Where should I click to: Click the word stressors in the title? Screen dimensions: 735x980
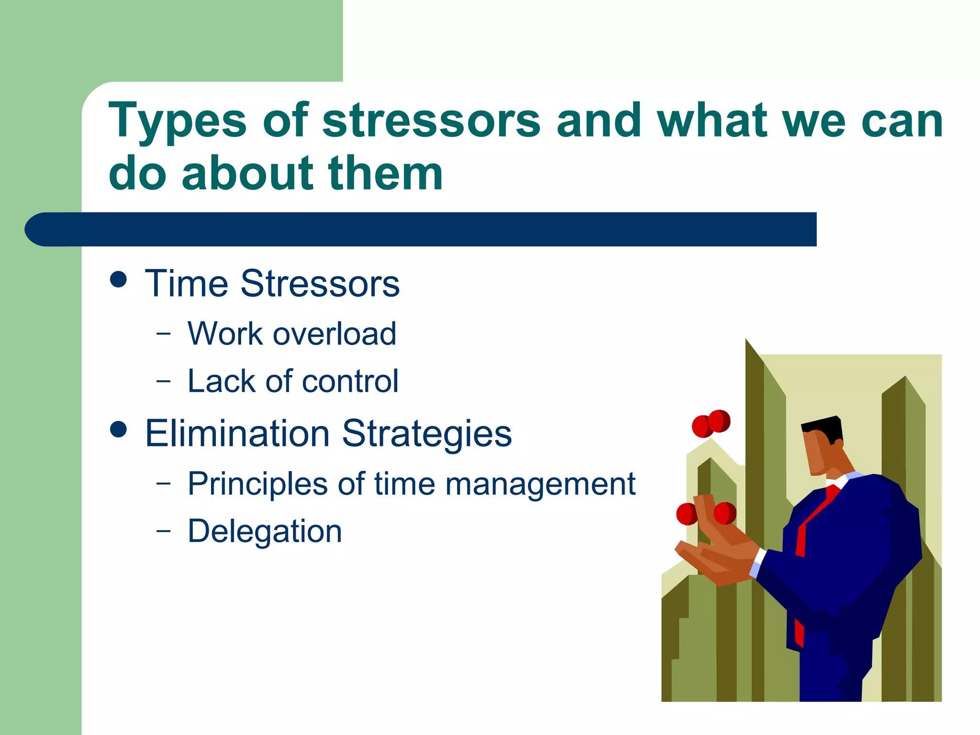coord(431,121)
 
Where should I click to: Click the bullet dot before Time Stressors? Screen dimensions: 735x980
coord(118,279)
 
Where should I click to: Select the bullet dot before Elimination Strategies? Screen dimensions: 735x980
coord(118,429)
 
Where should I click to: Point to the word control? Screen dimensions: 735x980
coord(350,381)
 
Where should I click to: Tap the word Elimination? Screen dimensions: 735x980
coord(237,434)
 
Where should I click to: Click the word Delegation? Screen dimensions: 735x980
coord(265,531)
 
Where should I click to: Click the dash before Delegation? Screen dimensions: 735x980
coord(163,531)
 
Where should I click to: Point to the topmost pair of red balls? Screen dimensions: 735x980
coord(711,423)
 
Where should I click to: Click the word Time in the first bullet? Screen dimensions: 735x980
coord(187,283)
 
